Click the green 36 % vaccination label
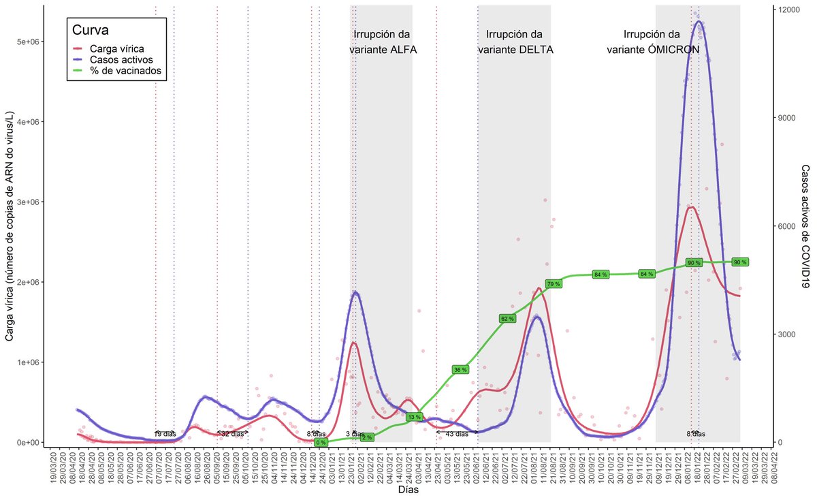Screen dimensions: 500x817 460,370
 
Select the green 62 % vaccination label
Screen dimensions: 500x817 507,319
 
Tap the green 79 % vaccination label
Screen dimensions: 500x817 553,283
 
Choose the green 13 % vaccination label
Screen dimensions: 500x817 414,416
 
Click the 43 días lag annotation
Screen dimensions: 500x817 456,433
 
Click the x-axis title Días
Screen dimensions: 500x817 408,489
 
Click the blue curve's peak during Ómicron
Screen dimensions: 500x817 698,21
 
